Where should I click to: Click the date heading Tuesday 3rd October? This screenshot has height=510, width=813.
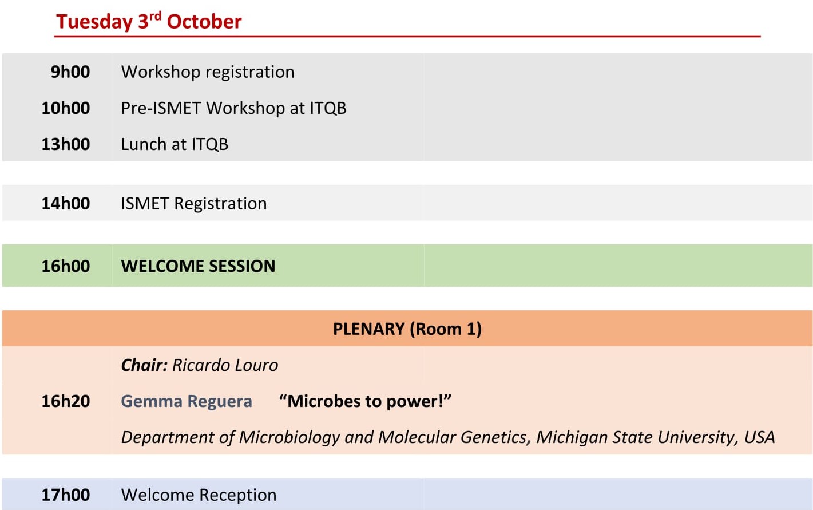point(149,21)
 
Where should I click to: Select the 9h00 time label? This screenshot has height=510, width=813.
point(70,72)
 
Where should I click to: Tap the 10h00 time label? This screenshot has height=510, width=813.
point(66,108)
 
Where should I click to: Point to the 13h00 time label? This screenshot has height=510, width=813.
point(66,144)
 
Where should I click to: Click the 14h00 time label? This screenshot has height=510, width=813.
point(66,203)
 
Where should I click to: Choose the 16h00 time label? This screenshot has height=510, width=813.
point(66,266)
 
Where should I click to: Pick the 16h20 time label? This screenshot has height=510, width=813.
point(66,401)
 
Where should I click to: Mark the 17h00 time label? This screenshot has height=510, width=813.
point(66,495)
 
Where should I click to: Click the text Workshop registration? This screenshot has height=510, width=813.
point(208,72)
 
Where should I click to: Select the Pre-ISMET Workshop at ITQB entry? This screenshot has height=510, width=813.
point(234,108)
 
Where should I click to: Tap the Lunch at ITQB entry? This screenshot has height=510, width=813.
point(175,144)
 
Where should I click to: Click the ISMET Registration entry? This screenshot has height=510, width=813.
point(194,203)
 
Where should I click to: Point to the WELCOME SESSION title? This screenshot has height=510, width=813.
point(198,266)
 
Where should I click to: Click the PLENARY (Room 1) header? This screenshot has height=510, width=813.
point(407,329)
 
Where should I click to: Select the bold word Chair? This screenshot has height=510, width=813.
point(144,365)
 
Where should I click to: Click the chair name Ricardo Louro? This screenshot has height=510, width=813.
point(225,365)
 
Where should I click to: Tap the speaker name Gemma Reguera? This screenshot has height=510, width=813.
point(187,401)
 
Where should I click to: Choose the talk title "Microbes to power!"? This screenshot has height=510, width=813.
point(365,401)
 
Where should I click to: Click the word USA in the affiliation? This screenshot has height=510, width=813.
point(759,437)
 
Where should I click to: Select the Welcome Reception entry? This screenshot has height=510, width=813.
point(199,495)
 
